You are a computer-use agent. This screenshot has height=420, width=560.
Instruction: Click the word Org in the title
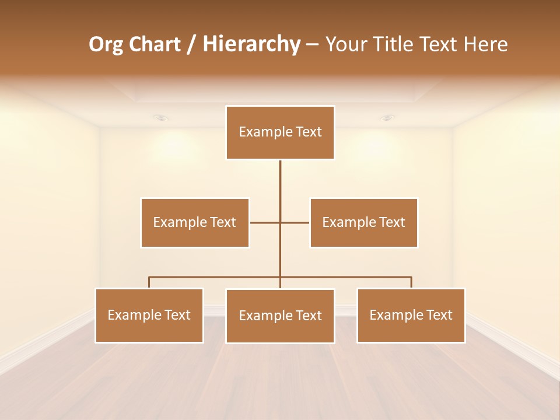coord(106,44)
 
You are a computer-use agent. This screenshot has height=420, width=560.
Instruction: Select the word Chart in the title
coord(152,44)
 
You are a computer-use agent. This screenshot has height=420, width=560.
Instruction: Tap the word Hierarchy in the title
coord(251,44)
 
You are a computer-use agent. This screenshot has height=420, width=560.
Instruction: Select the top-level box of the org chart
coord(280,132)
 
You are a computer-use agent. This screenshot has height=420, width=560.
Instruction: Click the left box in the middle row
coord(195,222)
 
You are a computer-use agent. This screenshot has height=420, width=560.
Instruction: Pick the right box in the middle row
coord(363,222)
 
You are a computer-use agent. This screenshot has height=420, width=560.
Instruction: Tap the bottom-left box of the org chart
coord(149,315)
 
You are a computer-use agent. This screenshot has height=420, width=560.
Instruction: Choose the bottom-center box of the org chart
coord(280,316)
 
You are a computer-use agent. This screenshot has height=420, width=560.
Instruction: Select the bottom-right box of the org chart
coord(411,315)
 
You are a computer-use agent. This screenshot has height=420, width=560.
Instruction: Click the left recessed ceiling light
coord(162,118)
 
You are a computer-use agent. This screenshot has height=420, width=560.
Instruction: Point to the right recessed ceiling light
coord(387,118)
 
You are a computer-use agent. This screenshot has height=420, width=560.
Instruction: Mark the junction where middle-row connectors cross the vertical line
coord(280,222)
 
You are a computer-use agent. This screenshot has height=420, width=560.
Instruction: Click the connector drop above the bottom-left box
coord(149,282)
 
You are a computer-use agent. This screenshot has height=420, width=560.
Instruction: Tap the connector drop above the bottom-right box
coord(411,282)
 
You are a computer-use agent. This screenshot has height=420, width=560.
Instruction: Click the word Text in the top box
coord(309,132)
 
